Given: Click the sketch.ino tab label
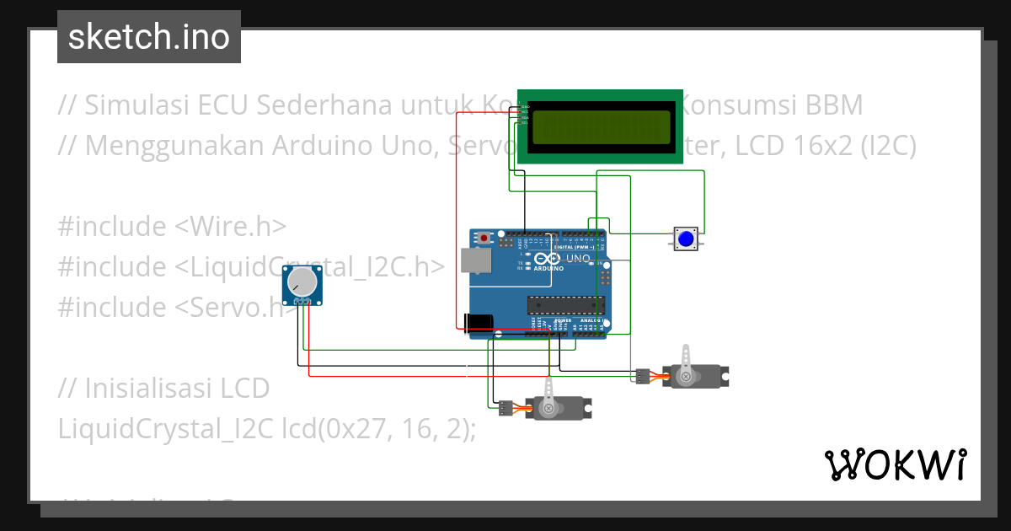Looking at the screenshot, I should point(148,37).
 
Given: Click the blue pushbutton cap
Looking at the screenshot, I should point(686,239).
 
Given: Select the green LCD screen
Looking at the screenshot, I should point(600,126).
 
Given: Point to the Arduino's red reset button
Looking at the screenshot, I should point(484,239).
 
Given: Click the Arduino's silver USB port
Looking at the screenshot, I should point(477,261).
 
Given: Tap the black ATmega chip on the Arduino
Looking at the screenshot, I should point(564,304).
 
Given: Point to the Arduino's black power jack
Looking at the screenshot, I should point(478,322).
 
